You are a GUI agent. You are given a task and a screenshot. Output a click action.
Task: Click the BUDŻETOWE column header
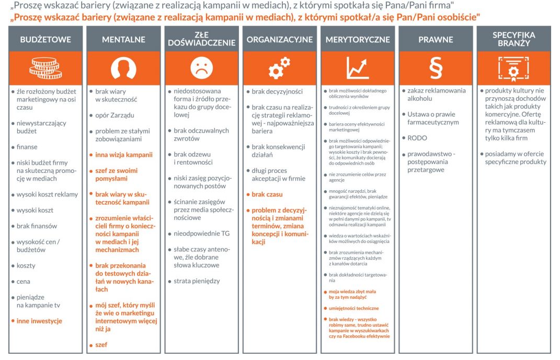(45, 40)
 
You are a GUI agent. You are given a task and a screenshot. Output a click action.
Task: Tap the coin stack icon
(45, 68)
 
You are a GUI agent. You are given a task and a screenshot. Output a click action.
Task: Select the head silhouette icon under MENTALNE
(123, 68)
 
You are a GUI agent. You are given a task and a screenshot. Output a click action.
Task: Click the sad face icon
(201, 68)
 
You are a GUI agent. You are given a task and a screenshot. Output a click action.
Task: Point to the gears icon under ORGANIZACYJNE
(279, 68)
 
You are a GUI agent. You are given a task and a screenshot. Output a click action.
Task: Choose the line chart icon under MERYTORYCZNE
(358, 68)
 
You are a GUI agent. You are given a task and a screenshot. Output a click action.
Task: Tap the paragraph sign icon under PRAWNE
(436, 68)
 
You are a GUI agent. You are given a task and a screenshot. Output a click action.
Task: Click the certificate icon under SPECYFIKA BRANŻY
(513, 68)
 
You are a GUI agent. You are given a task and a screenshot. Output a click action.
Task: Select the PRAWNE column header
(436, 40)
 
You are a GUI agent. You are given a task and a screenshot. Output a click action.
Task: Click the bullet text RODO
(417, 138)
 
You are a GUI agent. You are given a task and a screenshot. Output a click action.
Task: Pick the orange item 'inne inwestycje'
(39, 321)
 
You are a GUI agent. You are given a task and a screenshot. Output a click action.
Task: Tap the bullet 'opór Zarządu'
(116, 115)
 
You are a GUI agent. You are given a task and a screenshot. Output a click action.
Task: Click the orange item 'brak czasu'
(267, 194)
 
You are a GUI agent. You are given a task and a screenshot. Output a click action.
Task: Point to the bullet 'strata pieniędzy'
(197, 281)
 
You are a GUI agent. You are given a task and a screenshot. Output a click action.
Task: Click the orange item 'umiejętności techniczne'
(353, 308)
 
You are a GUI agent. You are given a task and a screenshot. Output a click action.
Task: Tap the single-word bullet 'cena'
(24, 282)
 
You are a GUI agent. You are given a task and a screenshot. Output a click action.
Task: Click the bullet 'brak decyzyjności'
(277, 91)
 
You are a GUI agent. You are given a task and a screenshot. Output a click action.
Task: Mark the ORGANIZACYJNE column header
(279, 40)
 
